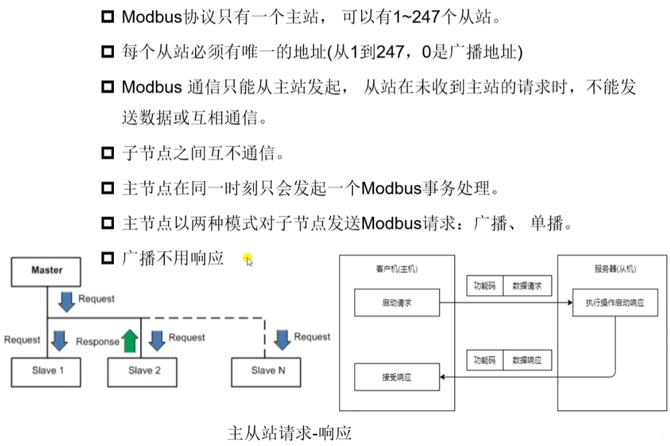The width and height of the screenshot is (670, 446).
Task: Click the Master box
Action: coord(47,270)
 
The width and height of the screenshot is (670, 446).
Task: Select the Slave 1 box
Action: coord(47,370)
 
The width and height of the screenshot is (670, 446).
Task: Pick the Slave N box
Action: coord(263,370)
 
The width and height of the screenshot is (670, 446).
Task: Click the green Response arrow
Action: coord(130,340)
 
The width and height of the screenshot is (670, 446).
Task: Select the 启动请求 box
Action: coord(396,303)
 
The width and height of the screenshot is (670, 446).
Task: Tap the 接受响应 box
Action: coord(396,377)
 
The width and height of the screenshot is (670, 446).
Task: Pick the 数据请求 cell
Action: coord(527,286)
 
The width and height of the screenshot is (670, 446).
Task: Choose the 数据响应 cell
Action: coord(527,360)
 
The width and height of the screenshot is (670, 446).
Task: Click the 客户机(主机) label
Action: coord(396,269)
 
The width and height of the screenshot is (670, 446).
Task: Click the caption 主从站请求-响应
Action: coord(289,431)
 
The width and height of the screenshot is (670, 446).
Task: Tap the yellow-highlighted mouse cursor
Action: coord(248,260)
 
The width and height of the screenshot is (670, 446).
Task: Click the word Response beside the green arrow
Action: coord(97,341)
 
